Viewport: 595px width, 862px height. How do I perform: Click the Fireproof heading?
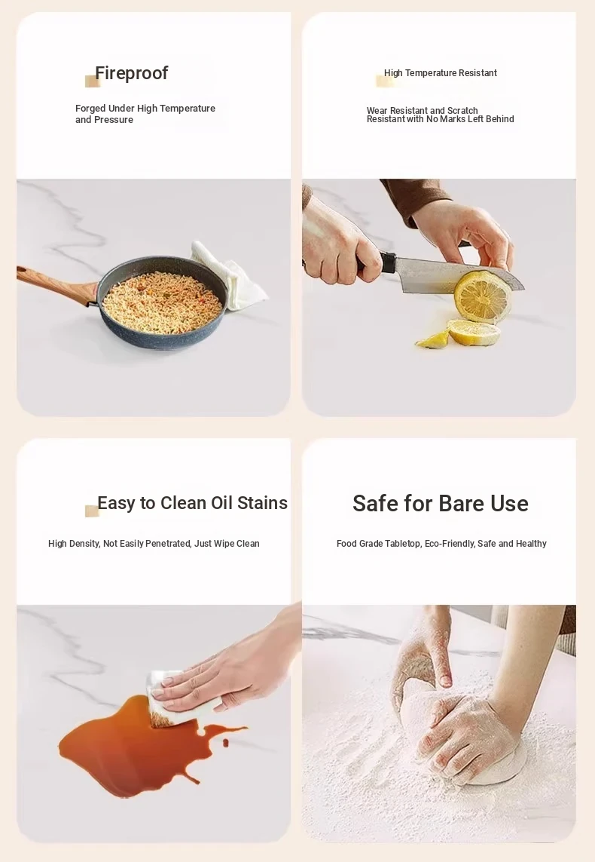tap(131, 73)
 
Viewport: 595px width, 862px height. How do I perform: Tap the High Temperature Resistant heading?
tap(440, 73)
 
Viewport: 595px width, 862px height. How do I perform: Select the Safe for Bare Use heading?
tap(440, 504)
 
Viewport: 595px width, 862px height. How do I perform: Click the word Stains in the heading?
tap(262, 503)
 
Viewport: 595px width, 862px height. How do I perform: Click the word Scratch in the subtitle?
tap(462, 111)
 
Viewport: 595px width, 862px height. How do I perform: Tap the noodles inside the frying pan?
tap(163, 303)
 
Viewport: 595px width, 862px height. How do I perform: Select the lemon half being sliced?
tap(482, 296)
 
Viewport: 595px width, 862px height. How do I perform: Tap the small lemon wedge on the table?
tap(434, 341)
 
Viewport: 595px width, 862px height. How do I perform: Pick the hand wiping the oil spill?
tap(230, 673)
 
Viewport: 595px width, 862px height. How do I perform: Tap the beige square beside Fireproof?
tap(92, 81)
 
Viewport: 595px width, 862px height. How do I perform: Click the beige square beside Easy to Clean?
tap(92, 511)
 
